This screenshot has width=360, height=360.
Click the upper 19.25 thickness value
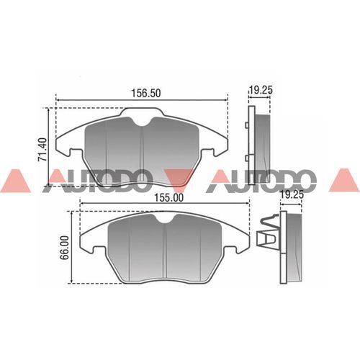tap(262, 90)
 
